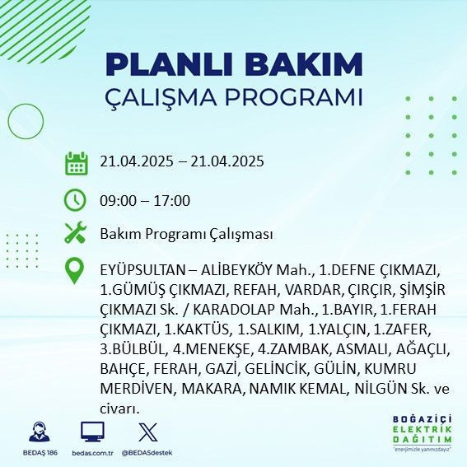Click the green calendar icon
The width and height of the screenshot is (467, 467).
click(76, 163)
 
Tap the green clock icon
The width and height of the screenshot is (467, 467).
click(76, 200)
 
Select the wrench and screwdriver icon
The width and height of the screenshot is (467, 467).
click(76, 234)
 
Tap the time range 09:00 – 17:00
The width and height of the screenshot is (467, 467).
click(145, 200)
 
